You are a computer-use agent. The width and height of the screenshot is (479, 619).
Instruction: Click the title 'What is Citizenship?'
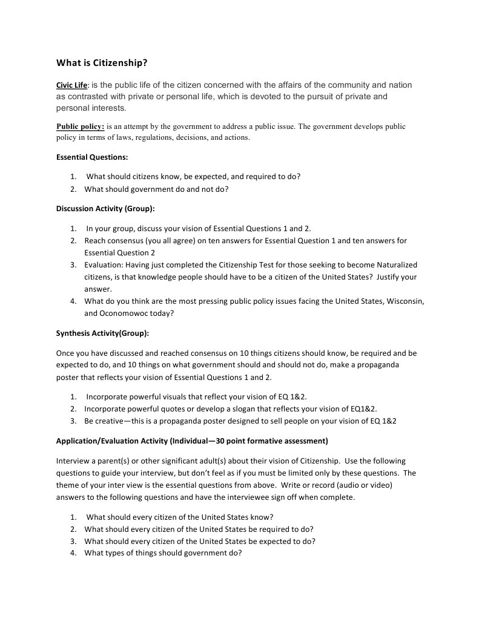point(102,62)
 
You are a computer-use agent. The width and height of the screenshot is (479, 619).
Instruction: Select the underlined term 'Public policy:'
point(81,127)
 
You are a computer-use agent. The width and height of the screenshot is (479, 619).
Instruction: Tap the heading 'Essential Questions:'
point(92,157)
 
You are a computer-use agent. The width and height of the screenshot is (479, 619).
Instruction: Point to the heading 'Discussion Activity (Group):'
point(105,209)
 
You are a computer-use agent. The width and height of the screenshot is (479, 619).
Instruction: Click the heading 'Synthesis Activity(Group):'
point(102,333)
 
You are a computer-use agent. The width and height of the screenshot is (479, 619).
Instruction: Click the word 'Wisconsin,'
point(405,301)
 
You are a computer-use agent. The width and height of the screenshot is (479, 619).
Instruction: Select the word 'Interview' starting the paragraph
point(71,461)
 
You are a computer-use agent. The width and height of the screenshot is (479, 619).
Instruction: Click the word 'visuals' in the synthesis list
point(184,397)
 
